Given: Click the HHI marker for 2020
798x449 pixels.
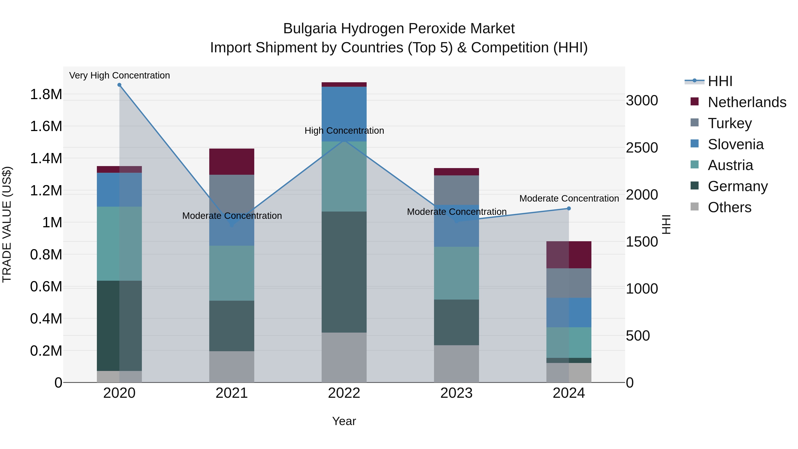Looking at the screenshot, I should coord(119,85).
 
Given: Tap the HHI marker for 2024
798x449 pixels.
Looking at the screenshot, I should coord(569,209).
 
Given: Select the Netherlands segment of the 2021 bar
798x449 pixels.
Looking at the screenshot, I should coord(232,161).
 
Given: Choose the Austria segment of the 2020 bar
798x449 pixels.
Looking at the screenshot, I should coord(119,243).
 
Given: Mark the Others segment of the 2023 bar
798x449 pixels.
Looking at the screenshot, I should coord(456,364).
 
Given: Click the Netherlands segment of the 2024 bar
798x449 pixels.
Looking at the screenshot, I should coord(569,255).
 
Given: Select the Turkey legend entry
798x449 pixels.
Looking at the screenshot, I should coord(730,123).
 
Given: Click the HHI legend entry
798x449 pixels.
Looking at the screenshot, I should coord(720,81).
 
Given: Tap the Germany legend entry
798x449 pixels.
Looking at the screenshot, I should coord(737,186).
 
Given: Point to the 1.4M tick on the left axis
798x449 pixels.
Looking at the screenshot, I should coord(46,158).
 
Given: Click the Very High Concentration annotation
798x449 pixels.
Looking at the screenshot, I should coord(119,75).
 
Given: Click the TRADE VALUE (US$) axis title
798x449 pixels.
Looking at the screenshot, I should coord(7,224).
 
